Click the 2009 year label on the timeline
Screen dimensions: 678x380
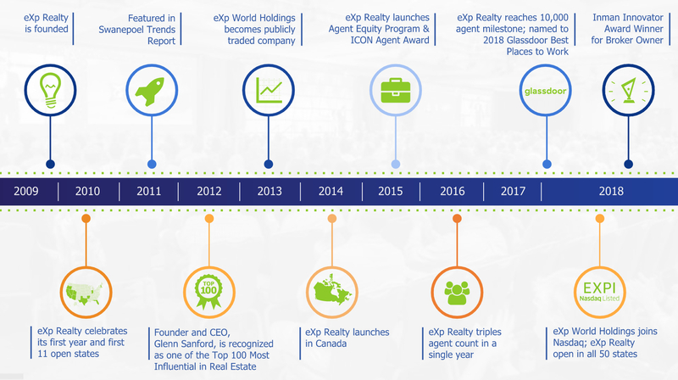coord(26,191)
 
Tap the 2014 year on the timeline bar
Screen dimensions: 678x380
coord(331,191)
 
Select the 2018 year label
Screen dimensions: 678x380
coord(611,191)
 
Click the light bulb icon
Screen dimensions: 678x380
coord(50,90)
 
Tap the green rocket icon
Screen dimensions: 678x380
coord(150,91)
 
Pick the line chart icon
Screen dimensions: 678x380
coord(269,90)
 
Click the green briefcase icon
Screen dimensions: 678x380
coord(395,90)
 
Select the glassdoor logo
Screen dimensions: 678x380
coord(545,91)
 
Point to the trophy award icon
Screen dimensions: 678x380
coord(628,90)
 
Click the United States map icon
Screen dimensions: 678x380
coord(86,293)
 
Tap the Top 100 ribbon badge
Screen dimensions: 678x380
coord(208,292)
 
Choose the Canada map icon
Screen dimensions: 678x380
coord(332,290)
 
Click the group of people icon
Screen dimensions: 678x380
coord(457,293)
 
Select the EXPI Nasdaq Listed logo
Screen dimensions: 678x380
coord(599,291)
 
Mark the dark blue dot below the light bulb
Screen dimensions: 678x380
coord(50,164)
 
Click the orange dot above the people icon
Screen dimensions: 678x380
coord(457,219)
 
